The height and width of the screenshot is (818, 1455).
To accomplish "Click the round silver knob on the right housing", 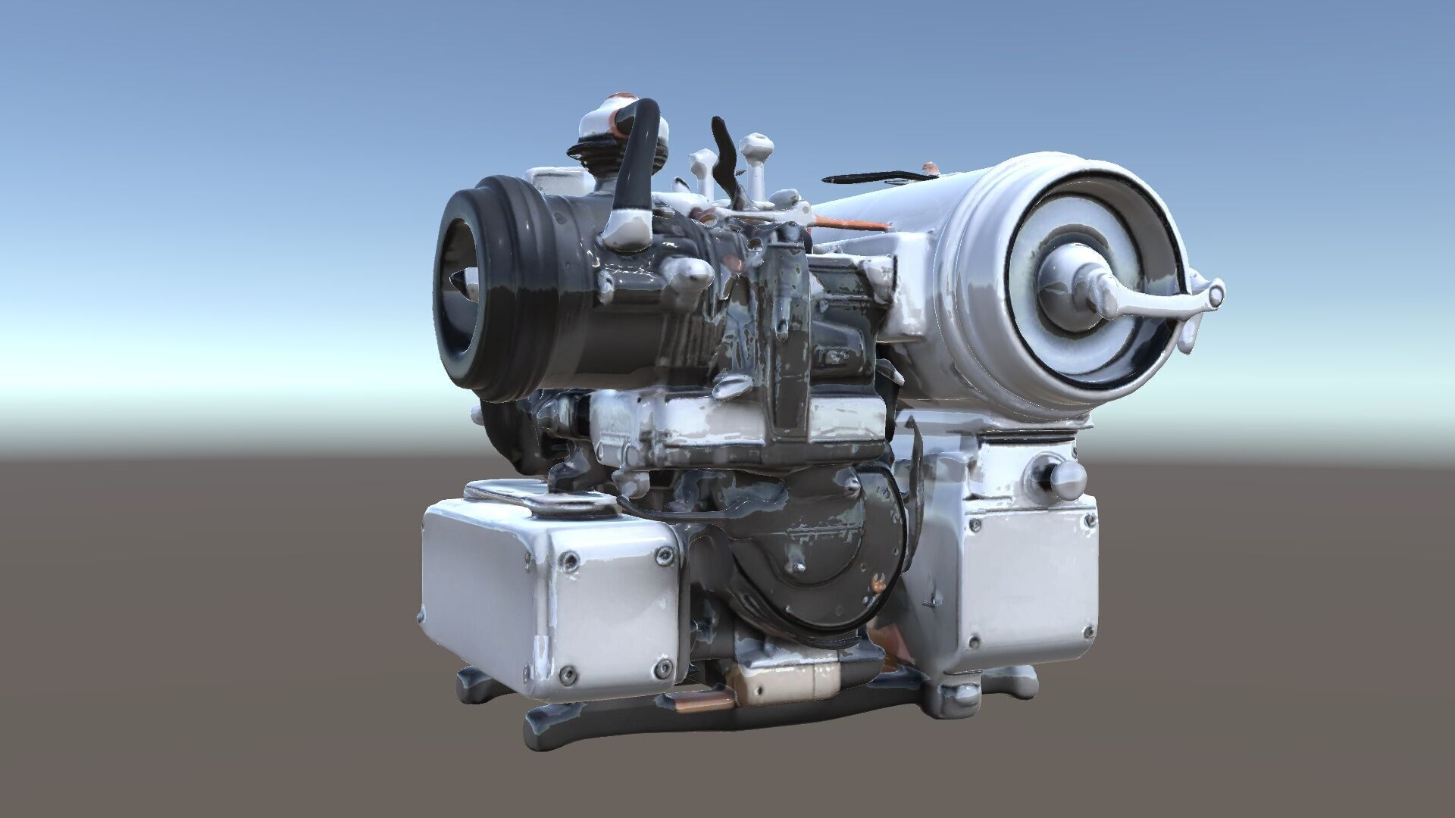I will coord(1069,475).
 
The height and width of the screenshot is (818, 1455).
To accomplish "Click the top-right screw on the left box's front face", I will coord(665,557).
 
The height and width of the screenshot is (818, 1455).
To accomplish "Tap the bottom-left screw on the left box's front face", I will coord(565,673).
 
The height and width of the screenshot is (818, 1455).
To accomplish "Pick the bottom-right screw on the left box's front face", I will coord(662,668).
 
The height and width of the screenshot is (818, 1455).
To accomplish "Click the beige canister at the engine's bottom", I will coord(788,682).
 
